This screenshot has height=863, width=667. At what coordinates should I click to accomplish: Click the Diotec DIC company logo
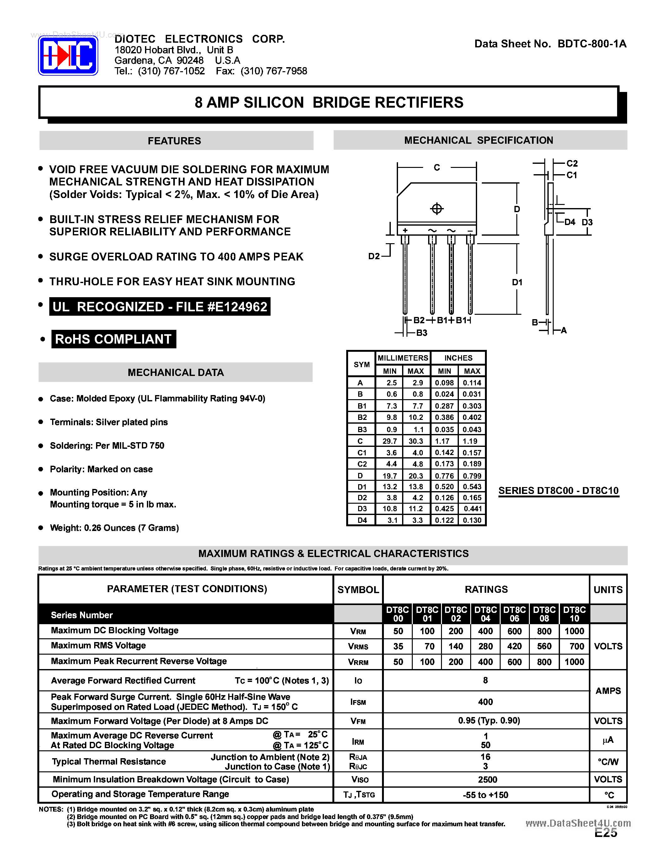tap(68, 56)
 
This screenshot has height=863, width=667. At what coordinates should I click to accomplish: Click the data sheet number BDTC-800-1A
tap(592, 44)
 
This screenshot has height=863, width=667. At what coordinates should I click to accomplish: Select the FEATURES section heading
tap(174, 141)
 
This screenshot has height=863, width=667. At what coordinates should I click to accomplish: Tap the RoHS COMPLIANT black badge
tap(113, 339)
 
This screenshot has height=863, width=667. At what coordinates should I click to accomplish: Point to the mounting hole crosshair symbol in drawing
tap(437, 208)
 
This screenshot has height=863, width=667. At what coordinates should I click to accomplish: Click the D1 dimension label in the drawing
tap(517, 282)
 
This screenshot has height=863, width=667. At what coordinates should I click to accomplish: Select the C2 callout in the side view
tap(572, 163)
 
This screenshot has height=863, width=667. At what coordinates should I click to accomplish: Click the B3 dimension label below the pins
tap(422, 333)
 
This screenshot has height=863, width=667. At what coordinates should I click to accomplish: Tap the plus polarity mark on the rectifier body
tap(405, 230)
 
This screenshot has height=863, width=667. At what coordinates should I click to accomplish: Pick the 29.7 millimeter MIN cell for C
tap(390, 441)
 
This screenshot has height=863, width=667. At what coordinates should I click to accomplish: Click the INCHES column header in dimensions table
tap(458, 358)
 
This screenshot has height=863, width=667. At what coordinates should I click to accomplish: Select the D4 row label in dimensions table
tap(362, 520)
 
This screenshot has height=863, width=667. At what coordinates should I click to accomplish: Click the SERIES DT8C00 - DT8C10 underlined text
tap(558, 491)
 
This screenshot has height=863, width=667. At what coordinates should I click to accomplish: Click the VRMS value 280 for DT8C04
tap(485, 646)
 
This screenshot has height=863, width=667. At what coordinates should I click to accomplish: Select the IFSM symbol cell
tap(358, 702)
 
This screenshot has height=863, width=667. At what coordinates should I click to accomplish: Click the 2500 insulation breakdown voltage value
tap(487, 780)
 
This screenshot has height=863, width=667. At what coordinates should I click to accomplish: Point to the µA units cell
tap(608, 740)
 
